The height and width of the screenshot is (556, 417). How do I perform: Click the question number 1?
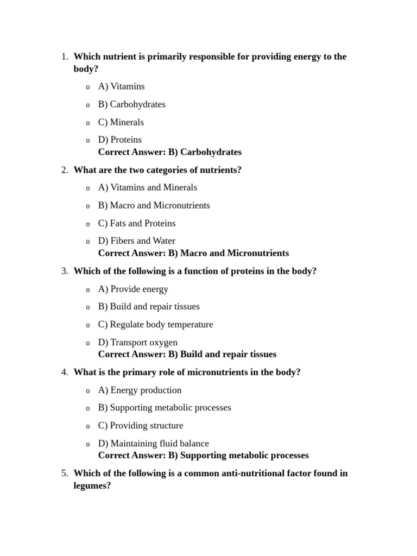click(x=64, y=57)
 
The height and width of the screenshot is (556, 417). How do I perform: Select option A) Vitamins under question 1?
click(x=121, y=86)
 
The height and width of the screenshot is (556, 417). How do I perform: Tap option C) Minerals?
click(x=121, y=122)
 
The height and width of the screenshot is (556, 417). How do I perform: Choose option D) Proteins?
click(x=119, y=140)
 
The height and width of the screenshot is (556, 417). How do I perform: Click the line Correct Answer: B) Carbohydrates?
click(x=169, y=152)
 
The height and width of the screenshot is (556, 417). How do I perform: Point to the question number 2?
click(x=64, y=170)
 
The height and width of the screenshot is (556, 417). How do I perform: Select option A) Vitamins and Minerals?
click(x=147, y=188)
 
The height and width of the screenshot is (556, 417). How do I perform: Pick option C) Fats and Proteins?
click(x=136, y=223)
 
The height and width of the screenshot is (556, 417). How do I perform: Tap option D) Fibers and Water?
click(x=136, y=241)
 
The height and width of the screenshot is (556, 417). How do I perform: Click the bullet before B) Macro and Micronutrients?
click(x=87, y=206)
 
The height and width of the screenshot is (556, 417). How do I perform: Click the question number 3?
click(x=64, y=271)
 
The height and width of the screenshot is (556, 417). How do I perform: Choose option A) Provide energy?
click(x=133, y=289)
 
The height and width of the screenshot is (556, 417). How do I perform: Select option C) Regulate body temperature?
click(x=155, y=325)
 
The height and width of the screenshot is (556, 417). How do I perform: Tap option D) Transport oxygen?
click(x=137, y=343)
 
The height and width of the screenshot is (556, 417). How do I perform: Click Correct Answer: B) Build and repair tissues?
click(x=187, y=355)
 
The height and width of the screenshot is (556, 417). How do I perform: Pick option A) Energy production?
click(x=140, y=390)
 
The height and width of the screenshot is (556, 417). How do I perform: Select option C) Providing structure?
click(x=140, y=426)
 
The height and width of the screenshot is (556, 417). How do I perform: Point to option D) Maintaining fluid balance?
click(x=153, y=444)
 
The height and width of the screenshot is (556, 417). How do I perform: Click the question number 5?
click(x=64, y=473)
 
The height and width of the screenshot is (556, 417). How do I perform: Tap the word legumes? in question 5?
click(x=92, y=486)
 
